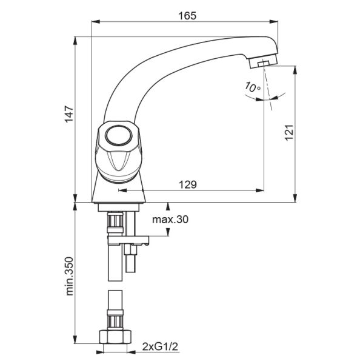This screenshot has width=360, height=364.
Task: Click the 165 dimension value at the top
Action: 187,16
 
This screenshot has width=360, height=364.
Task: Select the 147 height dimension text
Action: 69,114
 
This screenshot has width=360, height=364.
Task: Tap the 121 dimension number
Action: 289,132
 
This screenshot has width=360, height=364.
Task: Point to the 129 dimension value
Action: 188,184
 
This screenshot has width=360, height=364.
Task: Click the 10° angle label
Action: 252,87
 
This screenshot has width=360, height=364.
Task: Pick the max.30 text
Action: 170,219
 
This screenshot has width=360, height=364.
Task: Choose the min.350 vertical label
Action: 69,276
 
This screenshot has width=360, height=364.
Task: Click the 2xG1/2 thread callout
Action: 160,347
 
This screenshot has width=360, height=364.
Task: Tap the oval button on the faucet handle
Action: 119,135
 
